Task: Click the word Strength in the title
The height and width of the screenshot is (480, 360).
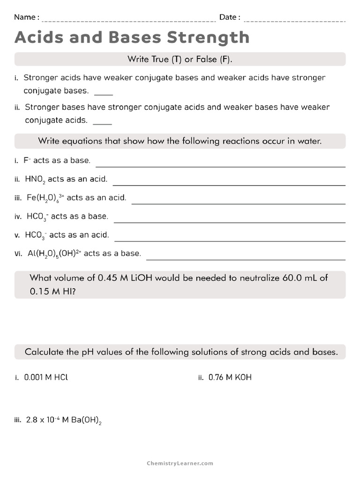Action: point(208,38)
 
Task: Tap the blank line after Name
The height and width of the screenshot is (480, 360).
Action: point(128,21)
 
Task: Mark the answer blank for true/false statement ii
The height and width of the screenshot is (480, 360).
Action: point(103,123)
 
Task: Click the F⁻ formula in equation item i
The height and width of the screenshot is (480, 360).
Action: point(27,160)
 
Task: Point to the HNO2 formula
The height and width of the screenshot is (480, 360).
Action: point(35,179)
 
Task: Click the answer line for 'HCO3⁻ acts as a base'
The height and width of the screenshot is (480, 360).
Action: point(230,222)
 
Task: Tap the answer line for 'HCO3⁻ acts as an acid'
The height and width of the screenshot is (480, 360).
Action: point(230,240)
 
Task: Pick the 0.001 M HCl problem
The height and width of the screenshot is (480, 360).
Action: point(43,377)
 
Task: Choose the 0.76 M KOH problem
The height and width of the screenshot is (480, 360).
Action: point(230,377)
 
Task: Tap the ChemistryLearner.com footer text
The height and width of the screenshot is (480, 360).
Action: point(180,463)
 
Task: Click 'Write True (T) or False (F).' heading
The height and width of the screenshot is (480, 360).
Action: point(180,59)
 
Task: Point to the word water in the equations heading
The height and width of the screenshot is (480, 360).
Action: point(309,141)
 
